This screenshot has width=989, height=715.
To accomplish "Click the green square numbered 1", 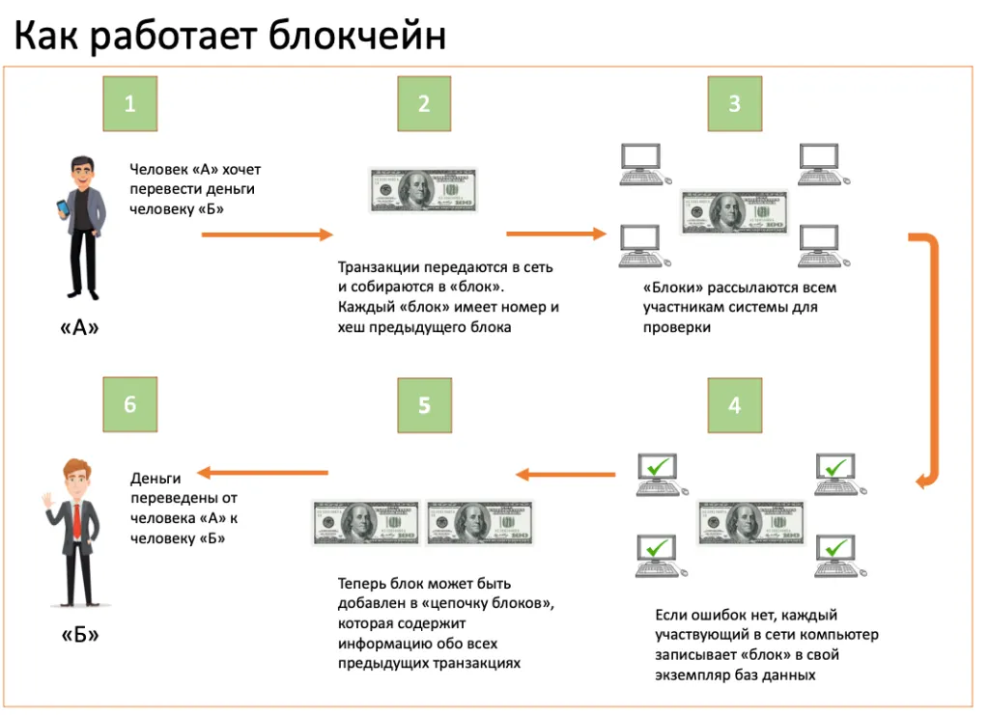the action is coord(130,103).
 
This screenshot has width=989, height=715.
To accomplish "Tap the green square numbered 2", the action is coord(424,103).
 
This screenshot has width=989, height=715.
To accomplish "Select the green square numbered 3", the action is coord(734,103).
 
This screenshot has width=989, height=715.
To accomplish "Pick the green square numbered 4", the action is coord(734,405).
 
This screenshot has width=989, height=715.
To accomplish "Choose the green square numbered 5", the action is coord(425,405).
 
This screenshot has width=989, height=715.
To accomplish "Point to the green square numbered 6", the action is coord(130,404).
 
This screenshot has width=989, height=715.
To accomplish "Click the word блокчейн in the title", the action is coord(357,36).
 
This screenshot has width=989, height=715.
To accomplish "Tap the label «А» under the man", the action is coord(79,327).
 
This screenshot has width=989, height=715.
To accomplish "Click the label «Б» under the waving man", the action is coord(80,634).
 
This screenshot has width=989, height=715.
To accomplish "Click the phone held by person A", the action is coord(62,208).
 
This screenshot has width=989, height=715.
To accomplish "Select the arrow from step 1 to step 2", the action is coord(267,235).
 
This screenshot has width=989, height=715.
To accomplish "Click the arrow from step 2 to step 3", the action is coord(555,234).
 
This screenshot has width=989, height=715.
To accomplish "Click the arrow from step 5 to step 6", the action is coord(263,473).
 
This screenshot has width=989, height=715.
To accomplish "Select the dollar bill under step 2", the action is coord(423,190).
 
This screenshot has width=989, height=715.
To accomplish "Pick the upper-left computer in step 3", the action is coord(644,164).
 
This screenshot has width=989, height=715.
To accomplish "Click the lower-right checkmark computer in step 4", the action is coord(839,556).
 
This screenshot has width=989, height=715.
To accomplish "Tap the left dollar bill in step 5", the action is coord(366,523).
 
